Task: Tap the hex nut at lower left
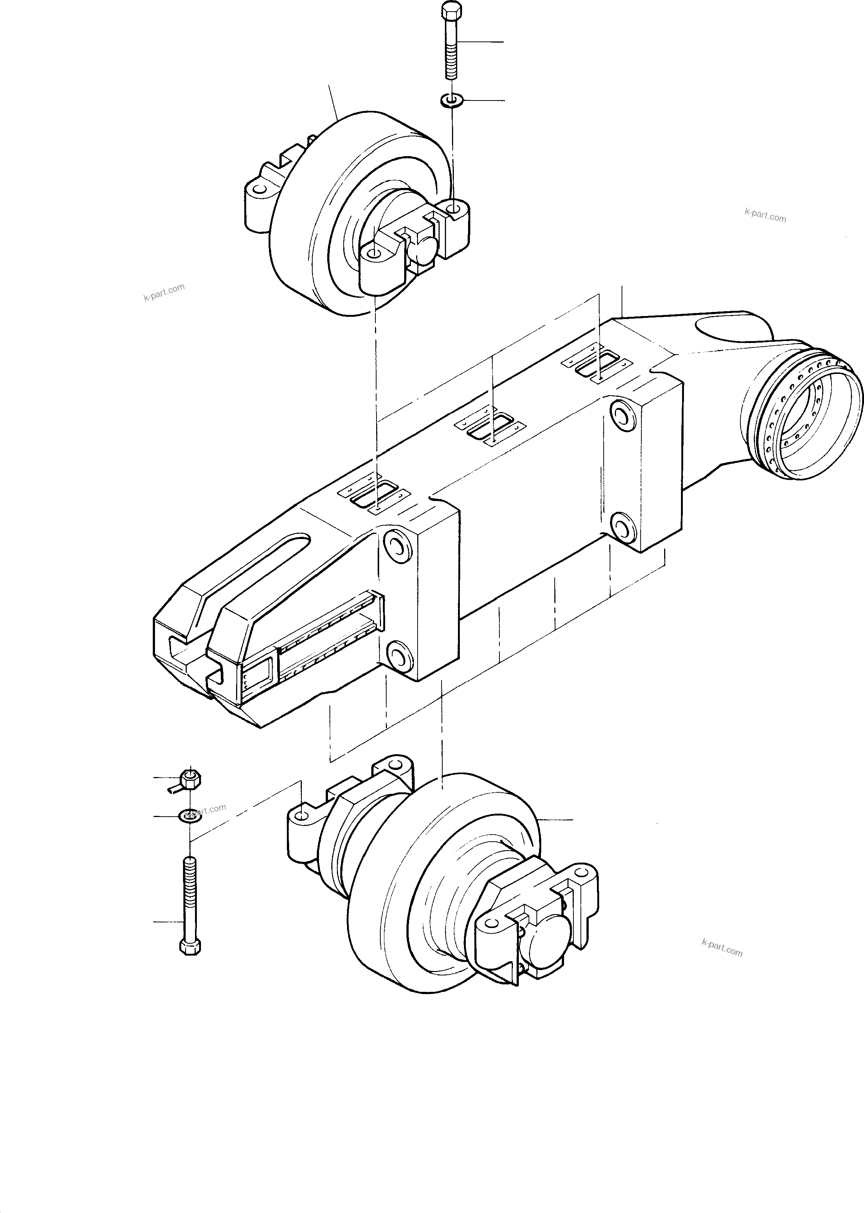[190, 779]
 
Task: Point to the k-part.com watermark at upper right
[765, 216]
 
